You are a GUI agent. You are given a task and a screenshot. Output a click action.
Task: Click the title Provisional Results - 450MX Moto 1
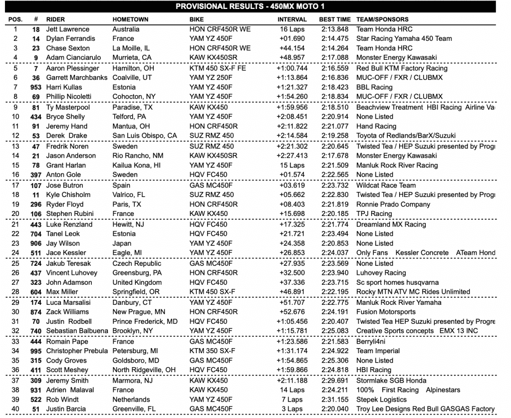(x=255, y=6)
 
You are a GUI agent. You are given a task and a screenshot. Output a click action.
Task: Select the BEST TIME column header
(x=334, y=19)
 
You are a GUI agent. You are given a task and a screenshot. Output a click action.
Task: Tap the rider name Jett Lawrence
(x=68, y=29)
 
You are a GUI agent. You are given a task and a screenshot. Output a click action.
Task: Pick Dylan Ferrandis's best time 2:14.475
(x=334, y=38)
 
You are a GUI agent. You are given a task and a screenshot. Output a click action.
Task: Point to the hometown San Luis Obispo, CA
(x=145, y=136)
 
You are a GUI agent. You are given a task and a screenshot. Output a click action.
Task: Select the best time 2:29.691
(x=334, y=380)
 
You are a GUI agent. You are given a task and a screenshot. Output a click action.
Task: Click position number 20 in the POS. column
(x=15, y=214)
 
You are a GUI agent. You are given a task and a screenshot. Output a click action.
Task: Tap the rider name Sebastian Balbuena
(x=78, y=331)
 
